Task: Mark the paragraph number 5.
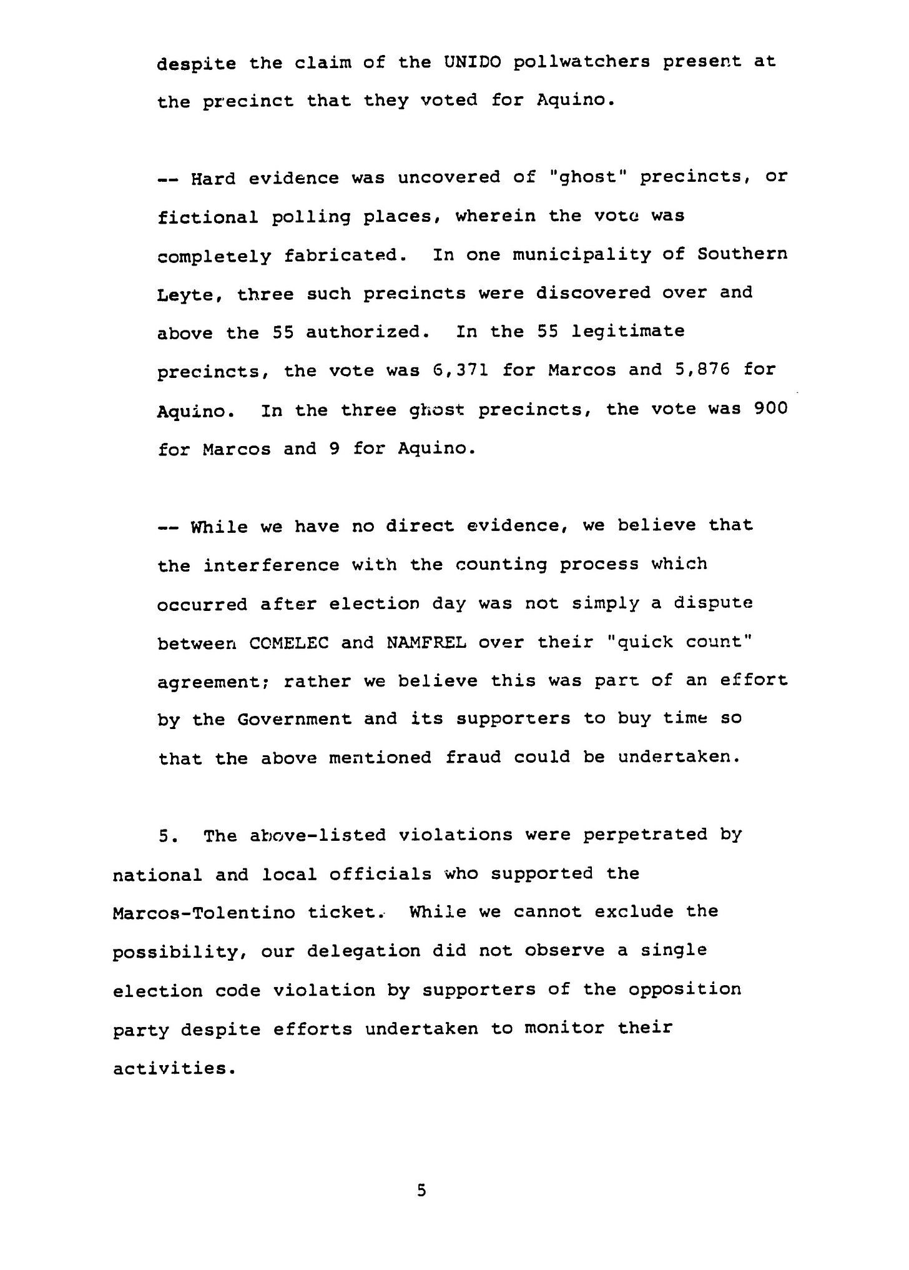(165, 836)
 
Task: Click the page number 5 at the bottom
(421, 1191)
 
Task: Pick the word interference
(272, 565)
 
